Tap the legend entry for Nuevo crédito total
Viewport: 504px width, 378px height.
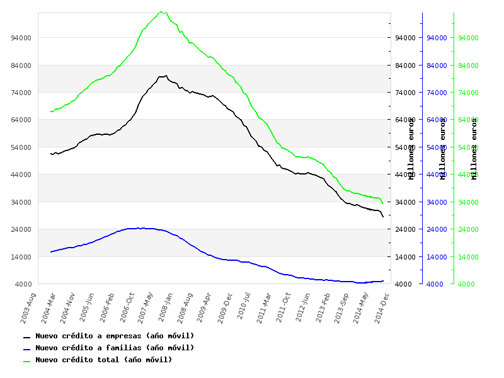point(103,360)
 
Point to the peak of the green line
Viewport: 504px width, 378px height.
point(161,11)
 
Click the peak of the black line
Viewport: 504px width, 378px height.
point(166,76)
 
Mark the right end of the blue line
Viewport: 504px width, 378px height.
point(383,281)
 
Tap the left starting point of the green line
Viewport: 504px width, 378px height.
point(51,112)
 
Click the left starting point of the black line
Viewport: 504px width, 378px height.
point(51,154)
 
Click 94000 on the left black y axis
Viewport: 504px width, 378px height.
point(21,38)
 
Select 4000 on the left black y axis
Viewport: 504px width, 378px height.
point(23,284)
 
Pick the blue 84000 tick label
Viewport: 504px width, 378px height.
point(437,66)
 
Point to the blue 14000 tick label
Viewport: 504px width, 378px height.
point(437,257)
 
